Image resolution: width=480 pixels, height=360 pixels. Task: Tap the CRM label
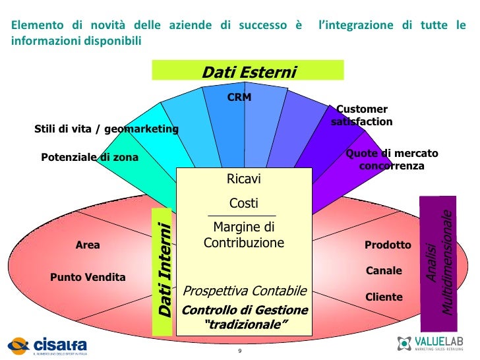(x=239, y=98)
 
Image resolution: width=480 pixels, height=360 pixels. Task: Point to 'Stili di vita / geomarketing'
(x=106, y=129)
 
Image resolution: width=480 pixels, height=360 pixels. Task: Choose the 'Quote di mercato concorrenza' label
(x=392, y=160)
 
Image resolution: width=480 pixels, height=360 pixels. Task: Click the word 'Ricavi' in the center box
(x=243, y=179)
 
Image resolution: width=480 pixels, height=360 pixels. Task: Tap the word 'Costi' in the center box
(x=243, y=203)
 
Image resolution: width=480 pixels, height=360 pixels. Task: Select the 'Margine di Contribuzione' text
(x=243, y=235)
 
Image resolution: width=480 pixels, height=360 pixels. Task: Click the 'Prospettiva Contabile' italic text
(x=245, y=291)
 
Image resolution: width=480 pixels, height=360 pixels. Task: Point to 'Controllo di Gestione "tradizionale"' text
(x=245, y=317)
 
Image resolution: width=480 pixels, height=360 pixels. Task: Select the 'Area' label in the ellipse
(x=88, y=245)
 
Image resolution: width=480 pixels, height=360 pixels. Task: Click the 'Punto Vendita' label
(x=88, y=277)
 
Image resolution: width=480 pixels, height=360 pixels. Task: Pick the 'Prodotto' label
(x=388, y=245)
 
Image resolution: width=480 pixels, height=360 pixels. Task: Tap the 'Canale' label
(x=384, y=270)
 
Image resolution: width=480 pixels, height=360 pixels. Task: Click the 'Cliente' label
(x=384, y=297)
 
